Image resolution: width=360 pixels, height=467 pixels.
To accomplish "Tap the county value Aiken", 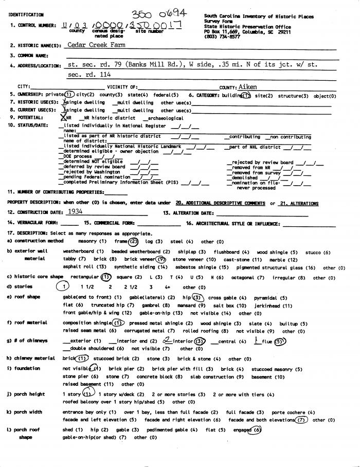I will pos(248,87).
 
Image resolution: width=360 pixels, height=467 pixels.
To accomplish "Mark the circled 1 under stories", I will pos(63,287).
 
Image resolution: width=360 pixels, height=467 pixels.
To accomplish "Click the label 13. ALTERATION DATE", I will pos(188,212).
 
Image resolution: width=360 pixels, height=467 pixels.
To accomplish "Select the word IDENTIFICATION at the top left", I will pos(26,15).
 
